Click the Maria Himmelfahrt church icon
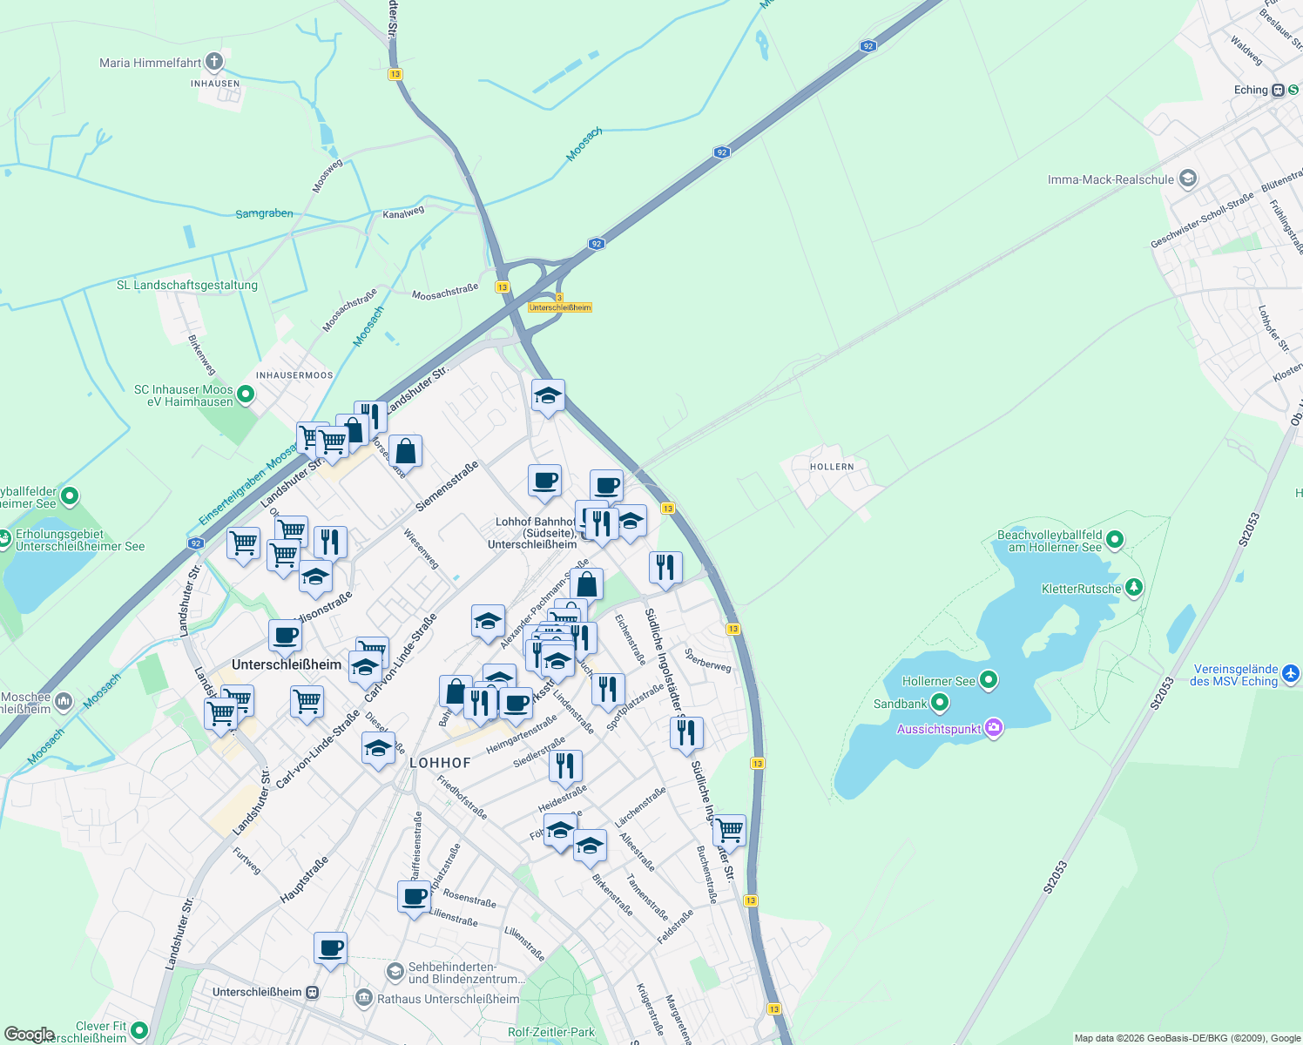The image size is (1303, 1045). click(x=214, y=62)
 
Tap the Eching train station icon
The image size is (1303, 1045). click(x=1278, y=90)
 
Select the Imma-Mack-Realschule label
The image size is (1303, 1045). click(x=1111, y=179)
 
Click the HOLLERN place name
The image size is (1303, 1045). click(x=832, y=467)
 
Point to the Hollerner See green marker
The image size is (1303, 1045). click(x=988, y=680)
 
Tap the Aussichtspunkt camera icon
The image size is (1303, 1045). click(x=994, y=729)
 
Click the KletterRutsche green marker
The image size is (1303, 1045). click(x=1133, y=589)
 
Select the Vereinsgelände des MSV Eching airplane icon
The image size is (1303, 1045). click(x=1291, y=674)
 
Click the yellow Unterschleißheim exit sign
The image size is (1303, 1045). click(x=560, y=307)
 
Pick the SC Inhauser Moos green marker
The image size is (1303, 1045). click(x=246, y=395)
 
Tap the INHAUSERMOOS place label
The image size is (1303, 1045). click(x=294, y=375)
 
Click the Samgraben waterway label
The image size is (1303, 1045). click(x=264, y=213)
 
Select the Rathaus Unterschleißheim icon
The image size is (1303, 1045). click(x=364, y=998)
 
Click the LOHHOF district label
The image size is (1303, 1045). click(x=440, y=763)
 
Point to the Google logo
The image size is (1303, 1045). click(x=29, y=1035)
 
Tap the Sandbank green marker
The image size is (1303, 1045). click(x=939, y=703)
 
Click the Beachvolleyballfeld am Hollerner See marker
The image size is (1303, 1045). click(x=1115, y=541)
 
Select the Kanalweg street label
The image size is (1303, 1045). click(x=403, y=212)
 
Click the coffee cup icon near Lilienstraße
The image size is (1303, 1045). click(x=415, y=896)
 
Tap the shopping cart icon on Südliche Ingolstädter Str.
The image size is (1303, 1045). click(x=729, y=830)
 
